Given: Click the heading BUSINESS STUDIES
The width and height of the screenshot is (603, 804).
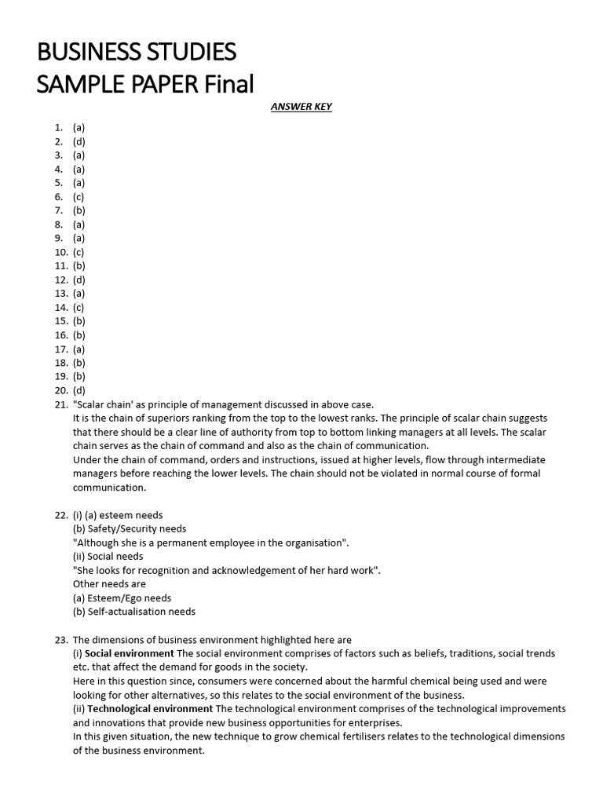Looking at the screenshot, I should pos(137,52).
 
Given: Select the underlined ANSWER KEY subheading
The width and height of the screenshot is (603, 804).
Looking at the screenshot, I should pos(301,107).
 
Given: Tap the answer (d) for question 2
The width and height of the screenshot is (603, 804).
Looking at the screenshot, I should pos(79,141).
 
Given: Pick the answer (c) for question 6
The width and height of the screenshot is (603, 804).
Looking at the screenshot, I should pos(79,196).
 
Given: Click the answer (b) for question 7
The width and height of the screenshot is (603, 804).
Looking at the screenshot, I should pos(79,210).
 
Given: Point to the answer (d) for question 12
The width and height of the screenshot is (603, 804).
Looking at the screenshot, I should pos(79,280).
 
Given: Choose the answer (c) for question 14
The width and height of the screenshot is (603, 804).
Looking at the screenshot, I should pos(79,307).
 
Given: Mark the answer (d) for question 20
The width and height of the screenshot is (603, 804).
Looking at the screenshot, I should pos(79,390).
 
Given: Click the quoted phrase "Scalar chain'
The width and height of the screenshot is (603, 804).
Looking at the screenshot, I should pos(103,404).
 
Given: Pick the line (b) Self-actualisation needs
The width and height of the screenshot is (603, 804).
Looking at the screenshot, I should pos(134,612).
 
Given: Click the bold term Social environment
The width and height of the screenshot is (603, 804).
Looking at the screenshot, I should pos(130,653).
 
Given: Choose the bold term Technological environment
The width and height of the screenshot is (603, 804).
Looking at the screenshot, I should pos(150,709).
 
